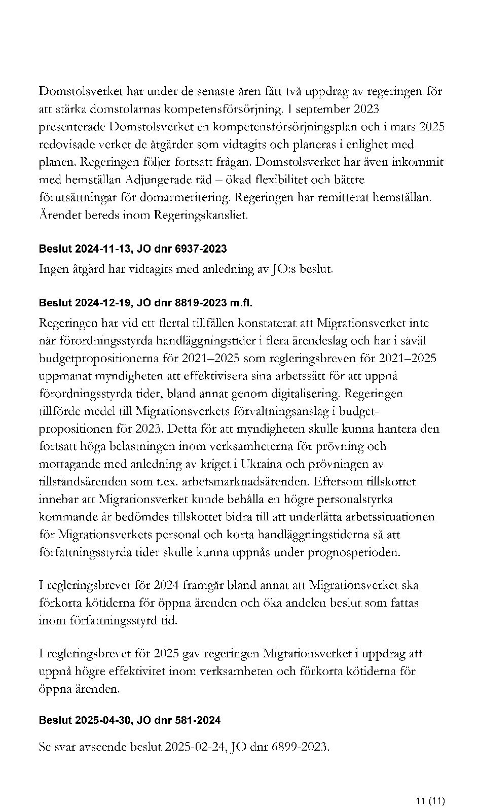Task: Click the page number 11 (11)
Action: click(x=430, y=787)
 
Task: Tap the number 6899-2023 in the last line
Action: click(x=300, y=747)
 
